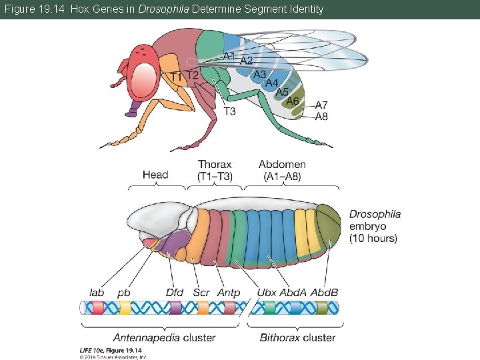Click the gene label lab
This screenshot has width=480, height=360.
(x=97, y=292)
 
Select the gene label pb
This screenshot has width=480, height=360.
(x=124, y=293)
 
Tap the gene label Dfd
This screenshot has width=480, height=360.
(x=175, y=292)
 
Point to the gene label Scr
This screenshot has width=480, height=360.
(x=201, y=292)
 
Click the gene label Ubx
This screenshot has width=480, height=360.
(x=267, y=292)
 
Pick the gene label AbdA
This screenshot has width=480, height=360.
(x=293, y=292)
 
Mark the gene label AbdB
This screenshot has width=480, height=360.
(x=325, y=292)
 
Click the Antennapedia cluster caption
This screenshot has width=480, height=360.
(x=164, y=337)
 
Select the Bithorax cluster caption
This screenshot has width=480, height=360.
(x=297, y=337)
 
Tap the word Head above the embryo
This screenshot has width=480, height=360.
(x=155, y=175)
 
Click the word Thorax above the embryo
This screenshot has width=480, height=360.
(x=215, y=164)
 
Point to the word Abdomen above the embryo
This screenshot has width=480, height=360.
(x=282, y=164)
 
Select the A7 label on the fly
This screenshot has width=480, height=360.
(x=321, y=105)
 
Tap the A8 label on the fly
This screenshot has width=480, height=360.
(x=321, y=116)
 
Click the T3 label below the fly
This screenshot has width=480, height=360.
(x=229, y=111)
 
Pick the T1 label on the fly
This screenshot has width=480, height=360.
(x=176, y=78)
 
